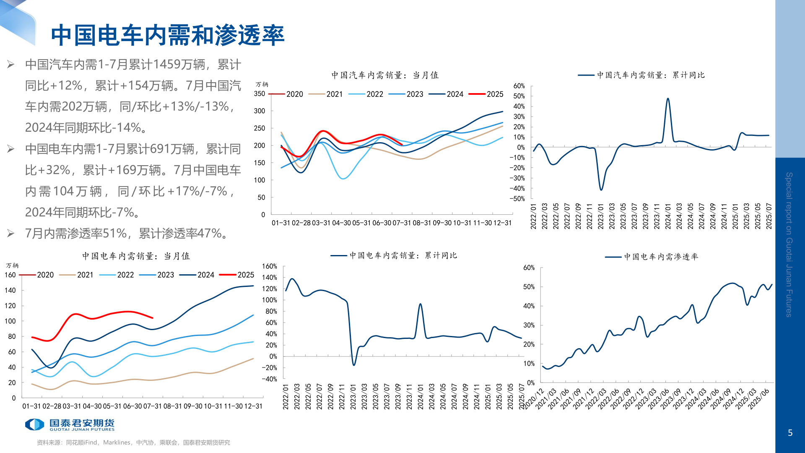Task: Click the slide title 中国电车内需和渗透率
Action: tap(168, 35)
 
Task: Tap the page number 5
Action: tap(790, 433)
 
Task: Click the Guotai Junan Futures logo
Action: tap(70, 424)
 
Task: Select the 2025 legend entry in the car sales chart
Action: tap(486, 94)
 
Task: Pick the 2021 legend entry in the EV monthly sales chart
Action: tap(77, 275)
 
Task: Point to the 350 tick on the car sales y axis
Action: tap(260, 94)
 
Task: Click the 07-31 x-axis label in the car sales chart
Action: tap(401, 223)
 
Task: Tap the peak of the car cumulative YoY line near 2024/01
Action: tap(667, 99)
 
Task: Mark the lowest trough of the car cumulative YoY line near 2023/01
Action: tap(601, 190)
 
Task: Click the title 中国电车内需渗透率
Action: tap(661, 257)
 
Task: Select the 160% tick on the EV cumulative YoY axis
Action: tap(270, 266)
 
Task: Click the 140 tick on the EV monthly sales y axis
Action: tap(10, 290)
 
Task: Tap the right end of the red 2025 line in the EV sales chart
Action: tap(153, 318)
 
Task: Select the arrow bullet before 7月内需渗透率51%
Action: tap(11, 234)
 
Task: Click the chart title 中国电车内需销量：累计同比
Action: tap(403, 255)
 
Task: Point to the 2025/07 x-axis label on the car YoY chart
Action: tap(769, 216)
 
